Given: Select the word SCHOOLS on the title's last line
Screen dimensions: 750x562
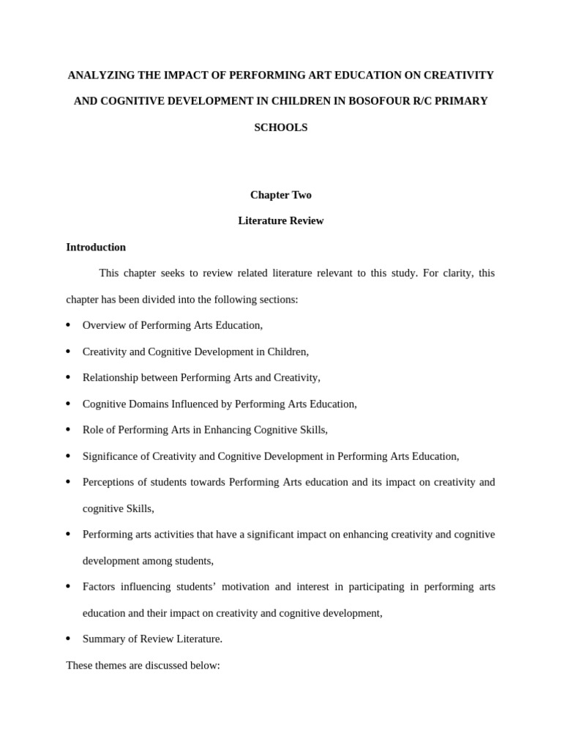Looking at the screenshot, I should point(280,127).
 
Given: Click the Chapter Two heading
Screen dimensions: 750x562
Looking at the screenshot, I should point(280,195).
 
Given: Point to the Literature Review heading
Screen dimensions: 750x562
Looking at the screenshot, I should point(280,220).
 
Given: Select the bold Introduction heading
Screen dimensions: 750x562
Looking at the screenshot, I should point(96,248).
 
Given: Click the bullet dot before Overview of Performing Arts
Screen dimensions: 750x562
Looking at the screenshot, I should point(68,325).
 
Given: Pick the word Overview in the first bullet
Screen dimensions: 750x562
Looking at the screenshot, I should point(104,325).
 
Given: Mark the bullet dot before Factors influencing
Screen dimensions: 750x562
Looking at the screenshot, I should point(68,587).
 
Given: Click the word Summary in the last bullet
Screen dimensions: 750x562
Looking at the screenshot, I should point(103,639).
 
